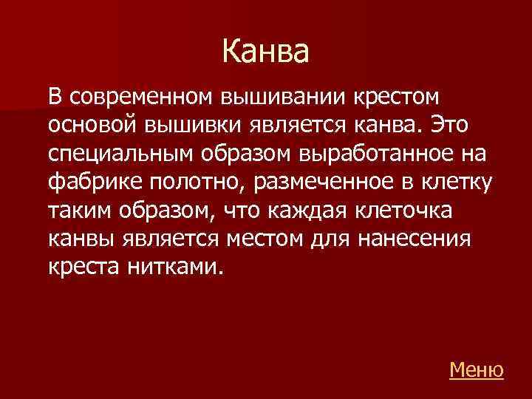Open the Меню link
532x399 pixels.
(476, 369)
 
